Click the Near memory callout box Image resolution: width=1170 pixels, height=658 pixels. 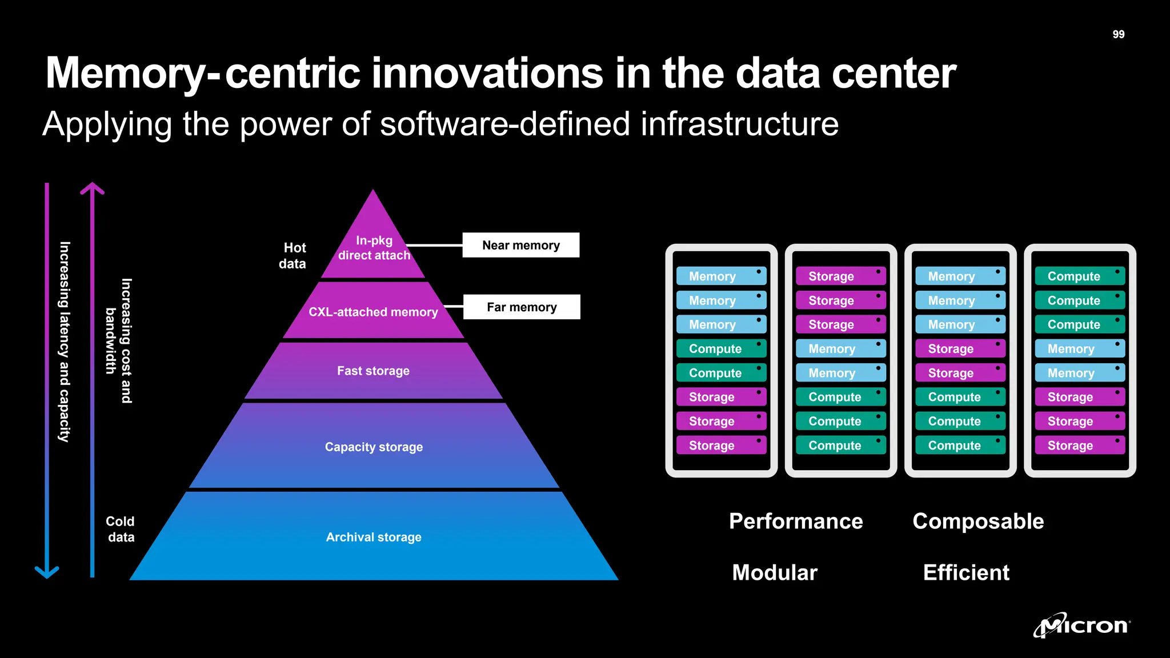(520, 245)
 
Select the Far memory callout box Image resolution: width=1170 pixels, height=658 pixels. (522, 307)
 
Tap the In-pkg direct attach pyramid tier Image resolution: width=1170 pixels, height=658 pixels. (374, 248)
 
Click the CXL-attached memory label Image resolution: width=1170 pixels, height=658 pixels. (373, 312)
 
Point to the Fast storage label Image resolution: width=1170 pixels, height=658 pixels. (373, 371)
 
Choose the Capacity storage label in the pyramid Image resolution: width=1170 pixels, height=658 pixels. (374, 447)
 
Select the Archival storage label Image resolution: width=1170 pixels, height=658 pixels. (374, 537)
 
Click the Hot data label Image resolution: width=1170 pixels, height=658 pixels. (293, 255)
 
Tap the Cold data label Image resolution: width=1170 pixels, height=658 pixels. (121, 529)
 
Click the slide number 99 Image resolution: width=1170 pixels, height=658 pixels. (1118, 34)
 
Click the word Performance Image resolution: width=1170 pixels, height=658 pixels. (796, 521)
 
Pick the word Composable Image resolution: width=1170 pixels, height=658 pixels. (978, 521)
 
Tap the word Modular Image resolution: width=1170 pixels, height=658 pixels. (775, 572)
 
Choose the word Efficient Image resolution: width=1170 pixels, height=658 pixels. (966, 572)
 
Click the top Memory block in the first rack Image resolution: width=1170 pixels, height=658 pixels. (721, 276)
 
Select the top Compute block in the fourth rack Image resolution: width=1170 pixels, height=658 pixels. (1080, 276)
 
